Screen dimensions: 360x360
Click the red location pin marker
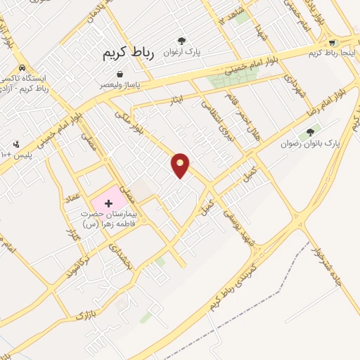click(x=181, y=165)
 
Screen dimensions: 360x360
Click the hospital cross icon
click(x=108, y=202)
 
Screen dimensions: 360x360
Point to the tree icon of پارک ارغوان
click(x=182, y=41)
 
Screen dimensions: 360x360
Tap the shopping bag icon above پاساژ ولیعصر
click(x=120, y=73)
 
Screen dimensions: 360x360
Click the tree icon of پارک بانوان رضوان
click(x=310, y=131)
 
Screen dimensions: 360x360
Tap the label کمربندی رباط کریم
click(x=233, y=285)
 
